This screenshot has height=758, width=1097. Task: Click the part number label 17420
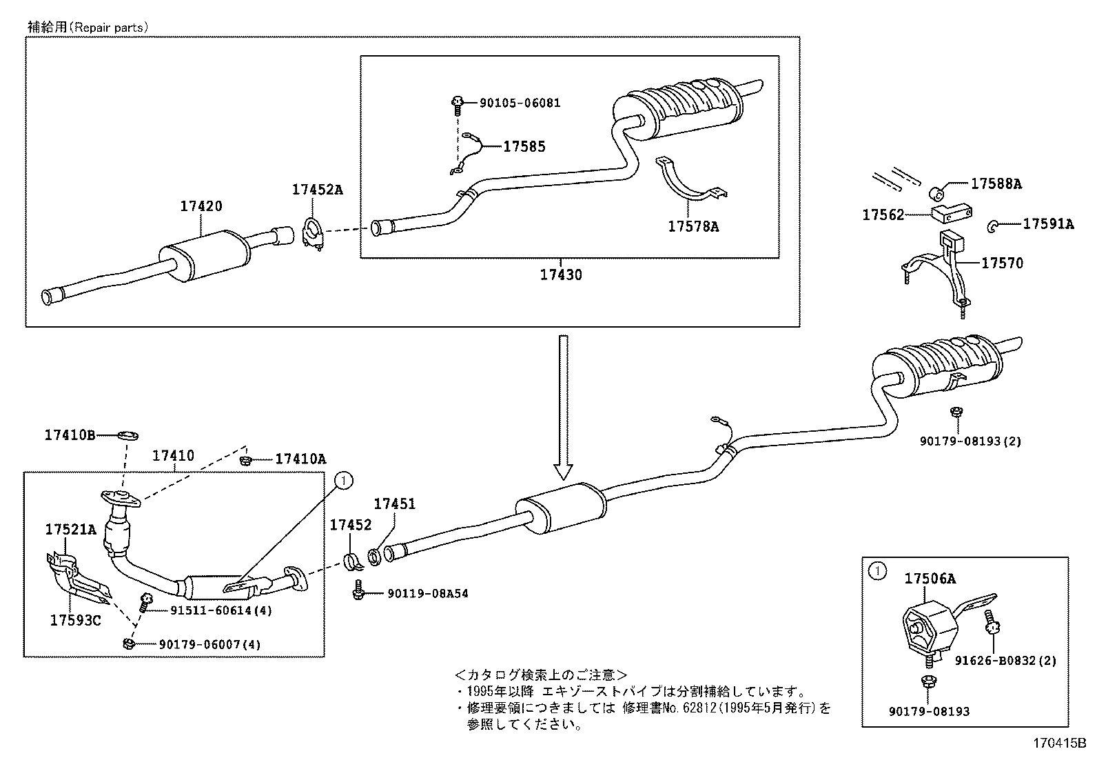pyautogui.click(x=201, y=206)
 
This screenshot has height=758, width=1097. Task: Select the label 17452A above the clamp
pyautogui.click(x=317, y=190)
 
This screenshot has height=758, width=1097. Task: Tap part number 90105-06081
pyautogui.click(x=520, y=103)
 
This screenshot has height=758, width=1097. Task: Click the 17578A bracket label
pyautogui.click(x=693, y=226)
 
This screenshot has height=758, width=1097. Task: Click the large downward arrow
pyautogui.click(x=564, y=407)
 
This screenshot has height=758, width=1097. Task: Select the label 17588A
pyautogui.click(x=996, y=183)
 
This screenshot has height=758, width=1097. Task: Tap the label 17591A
pyautogui.click(x=1047, y=223)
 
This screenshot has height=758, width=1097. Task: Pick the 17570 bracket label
pyautogui.click(x=1002, y=263)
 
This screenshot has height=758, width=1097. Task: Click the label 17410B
pyautogui.click(x=70, y=435)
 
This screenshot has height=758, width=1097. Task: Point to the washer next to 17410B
pyautogui.click(x=127, y=435)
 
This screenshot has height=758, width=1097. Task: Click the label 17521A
pyautogui.click(x=70, y=530)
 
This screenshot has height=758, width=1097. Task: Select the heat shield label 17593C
pyautogui.click(x=75, y=620)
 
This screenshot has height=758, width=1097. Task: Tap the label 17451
pyautogui.click(x=394, y=504)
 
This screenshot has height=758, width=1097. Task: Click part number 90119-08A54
pyautogui.click(x=427, y=593)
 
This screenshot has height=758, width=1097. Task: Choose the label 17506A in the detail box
pyautogui.click(x=930, y=579)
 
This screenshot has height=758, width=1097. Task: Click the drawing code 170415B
pyautogui.click(x=1058, y=744)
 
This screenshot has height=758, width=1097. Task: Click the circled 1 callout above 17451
pyautogui.click(x=344, y=478)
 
